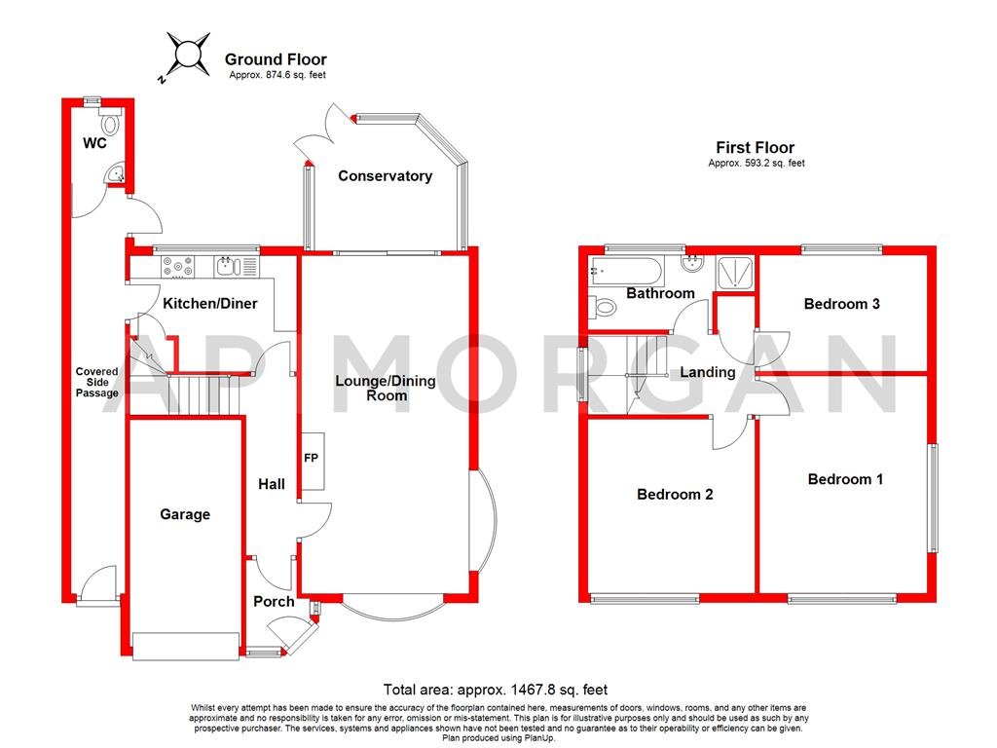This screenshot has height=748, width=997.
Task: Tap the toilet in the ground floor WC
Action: click(x=110, y=123)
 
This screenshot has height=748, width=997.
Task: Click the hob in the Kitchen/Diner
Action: click(x=179, y=266)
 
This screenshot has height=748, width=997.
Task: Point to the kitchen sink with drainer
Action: click(x=237, y=266)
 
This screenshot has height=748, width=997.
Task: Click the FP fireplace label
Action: click(x=312, y=459)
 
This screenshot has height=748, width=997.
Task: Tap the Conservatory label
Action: click(x=385, y=176)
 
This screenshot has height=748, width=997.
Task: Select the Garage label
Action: click(x=185, y=514)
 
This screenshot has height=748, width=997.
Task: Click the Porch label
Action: click(x=274, y=602)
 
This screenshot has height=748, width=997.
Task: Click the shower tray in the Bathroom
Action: click(x=736, y=272)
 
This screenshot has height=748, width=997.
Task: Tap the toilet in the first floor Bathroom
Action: click(x=602, y=308)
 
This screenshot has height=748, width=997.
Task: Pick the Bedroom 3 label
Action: click(x=841, y=304)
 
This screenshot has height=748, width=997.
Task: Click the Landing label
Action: click(x=707, y=372)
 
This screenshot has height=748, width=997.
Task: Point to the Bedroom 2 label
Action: click(x=675, y=495)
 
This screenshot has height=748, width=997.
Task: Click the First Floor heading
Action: click(x=756, y=147)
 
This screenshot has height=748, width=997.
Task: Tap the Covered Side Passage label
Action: click(x=97, y=383)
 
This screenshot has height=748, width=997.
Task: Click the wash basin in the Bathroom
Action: click(x=695, y=263)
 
